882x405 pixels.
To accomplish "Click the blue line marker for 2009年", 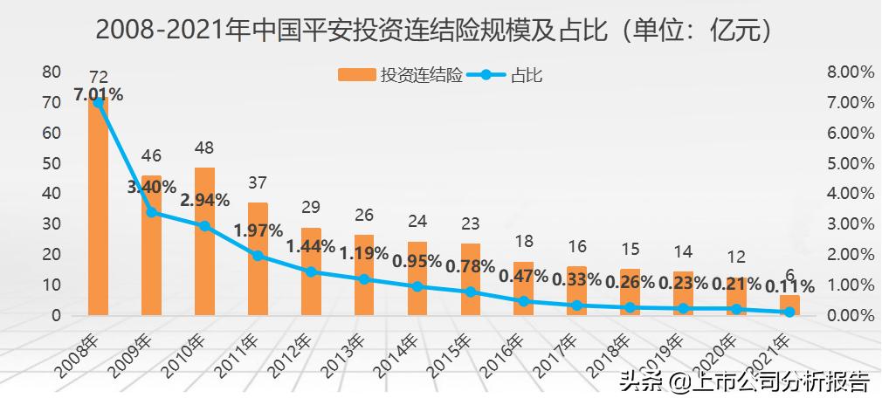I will [x=151, y=212].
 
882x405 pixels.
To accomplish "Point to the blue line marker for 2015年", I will [x=471, y=292].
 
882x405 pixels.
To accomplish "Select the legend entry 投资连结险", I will [x=401, y=76].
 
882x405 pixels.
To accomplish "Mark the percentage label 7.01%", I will [x=98, y=94].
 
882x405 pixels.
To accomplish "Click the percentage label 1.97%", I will [x=258, y=230].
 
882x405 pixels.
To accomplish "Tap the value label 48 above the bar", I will [x=204, y=148].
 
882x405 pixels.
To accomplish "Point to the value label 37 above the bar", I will [x=258, y=182].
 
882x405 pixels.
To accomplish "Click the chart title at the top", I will [x=436, y=31].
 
